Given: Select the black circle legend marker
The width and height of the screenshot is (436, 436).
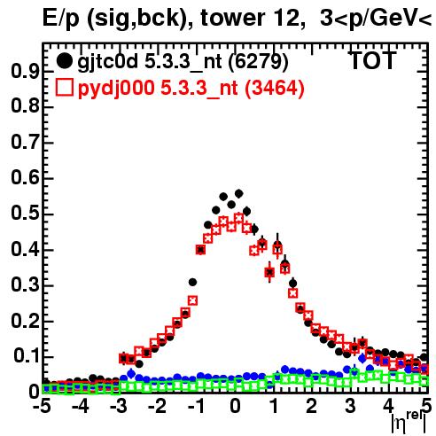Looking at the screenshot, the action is (x=64, y=61).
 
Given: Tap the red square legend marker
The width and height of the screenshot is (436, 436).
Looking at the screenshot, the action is (x=64, y=88).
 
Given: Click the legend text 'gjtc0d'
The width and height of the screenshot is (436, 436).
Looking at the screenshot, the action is (x=108, y=63).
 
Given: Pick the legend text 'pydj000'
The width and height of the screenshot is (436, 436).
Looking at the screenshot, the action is (x=116, y=90).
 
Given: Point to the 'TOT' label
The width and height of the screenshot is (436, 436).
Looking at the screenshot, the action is (x=373, y=61).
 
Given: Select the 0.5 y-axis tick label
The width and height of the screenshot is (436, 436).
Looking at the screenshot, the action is (x=25, y=214).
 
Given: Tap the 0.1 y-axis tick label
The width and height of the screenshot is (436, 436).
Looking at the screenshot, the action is (x=26, y=356).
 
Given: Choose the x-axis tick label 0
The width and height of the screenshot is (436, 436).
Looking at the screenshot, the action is (x=235, y=406).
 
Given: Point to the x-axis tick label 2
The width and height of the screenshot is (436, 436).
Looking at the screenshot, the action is (x=312, y=406).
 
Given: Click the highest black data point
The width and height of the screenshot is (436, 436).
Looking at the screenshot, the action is (x=238, y=194).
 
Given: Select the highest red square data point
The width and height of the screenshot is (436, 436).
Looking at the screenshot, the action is (x=238, y=218).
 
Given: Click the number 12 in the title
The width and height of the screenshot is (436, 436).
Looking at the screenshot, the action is (x=284, y=18).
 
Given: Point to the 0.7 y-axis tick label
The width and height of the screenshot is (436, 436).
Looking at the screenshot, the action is (x=25, y=142).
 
